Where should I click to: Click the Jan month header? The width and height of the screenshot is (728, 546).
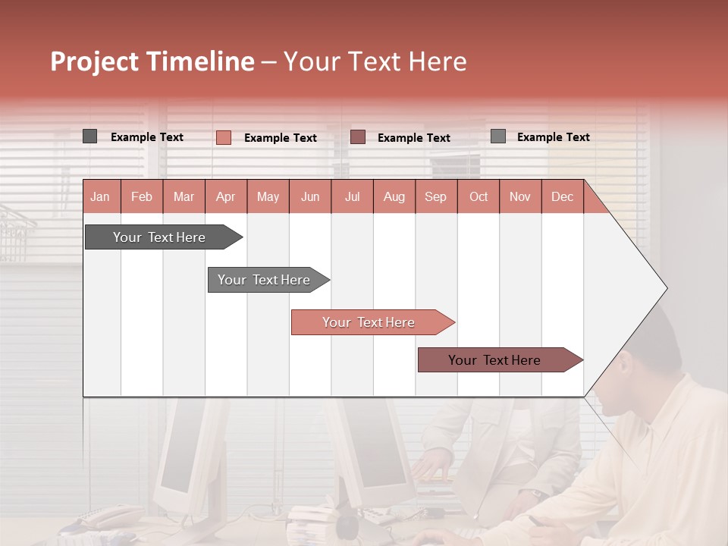click(x=100, y=196)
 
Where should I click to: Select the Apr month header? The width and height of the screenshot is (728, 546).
click(x=226, y=196)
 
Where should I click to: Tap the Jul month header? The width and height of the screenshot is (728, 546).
click(x=352, y=196)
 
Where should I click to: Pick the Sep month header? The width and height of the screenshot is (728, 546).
click(x=435, y=196)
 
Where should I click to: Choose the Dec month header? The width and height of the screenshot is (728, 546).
click(x=562, y=196)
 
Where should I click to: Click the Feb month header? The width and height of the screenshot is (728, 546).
click(x=142, y=196)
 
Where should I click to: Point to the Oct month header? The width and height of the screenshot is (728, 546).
click(x=479, y=196)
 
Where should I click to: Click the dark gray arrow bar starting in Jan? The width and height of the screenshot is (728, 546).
click(x=160, y=237)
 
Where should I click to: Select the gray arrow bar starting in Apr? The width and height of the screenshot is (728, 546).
click(x=265, y=280)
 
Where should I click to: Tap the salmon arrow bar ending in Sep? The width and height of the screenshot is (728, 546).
click(x=369, y=322)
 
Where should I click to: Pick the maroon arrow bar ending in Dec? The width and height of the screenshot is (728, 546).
click(x=495, y=360)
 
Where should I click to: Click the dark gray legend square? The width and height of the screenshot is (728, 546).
click(x=90, y=136)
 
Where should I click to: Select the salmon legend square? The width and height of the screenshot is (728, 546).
click(x=224, y=137)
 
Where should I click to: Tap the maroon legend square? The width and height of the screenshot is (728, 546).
click(x=358, y=136)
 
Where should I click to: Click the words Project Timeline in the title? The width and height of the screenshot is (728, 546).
click(x=152, y=61)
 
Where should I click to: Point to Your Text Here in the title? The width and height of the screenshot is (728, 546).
click(x=375, y=61)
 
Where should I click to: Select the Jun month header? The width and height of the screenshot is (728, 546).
click(x=310, y=196)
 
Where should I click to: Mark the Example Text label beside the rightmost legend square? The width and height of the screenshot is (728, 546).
click(x=553, y=136)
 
